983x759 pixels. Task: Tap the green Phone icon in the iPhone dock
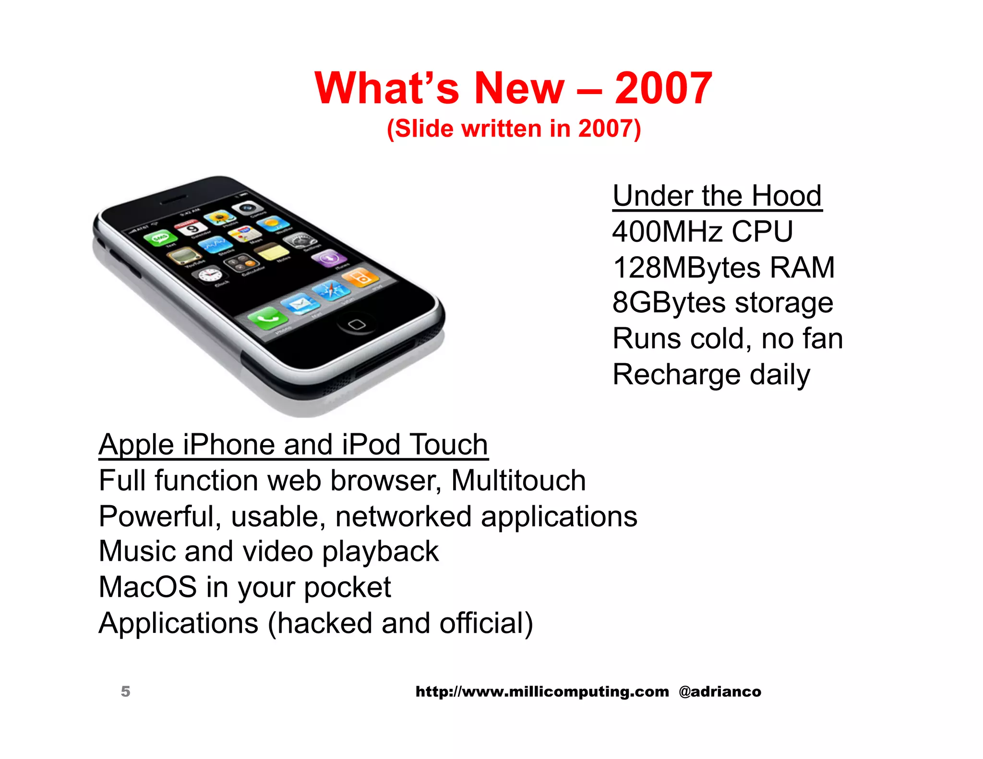tap(267, 317)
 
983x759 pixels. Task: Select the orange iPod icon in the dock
tap(362, 277)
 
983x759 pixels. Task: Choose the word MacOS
tap(148, 587)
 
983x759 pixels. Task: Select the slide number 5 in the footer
tap(125, 691)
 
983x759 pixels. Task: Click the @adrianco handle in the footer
tap(719, 691)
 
